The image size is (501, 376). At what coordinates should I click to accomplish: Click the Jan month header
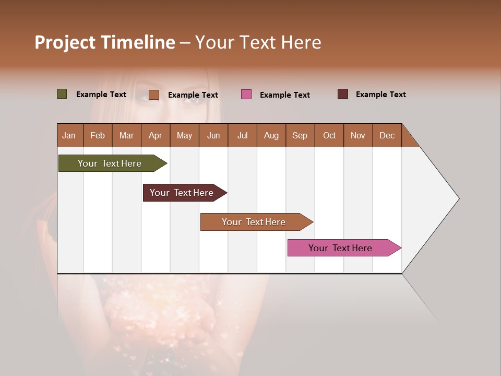click(69, 135)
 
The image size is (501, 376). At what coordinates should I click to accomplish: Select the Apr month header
click(155, 135)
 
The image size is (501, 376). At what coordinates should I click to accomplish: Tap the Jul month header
click(242, 135)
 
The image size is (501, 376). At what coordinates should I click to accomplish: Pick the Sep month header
click(300, 135)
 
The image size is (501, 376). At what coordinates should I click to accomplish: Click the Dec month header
click(387, 135)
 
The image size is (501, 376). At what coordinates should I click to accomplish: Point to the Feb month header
click(98, 135)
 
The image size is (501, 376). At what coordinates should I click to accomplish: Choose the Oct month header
click(329, 135)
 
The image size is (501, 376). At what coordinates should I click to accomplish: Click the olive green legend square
click(62, 94)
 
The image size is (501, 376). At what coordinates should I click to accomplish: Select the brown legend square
click(154, 95)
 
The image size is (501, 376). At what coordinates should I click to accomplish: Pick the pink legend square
click(246, 95)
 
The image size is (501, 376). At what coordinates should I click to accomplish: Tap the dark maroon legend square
click(343, 94)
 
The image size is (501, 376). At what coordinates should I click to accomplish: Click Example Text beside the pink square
click(284, 95)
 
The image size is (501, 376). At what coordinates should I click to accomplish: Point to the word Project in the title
click(65, 42)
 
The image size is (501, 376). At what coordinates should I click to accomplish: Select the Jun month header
click(213, 135)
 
